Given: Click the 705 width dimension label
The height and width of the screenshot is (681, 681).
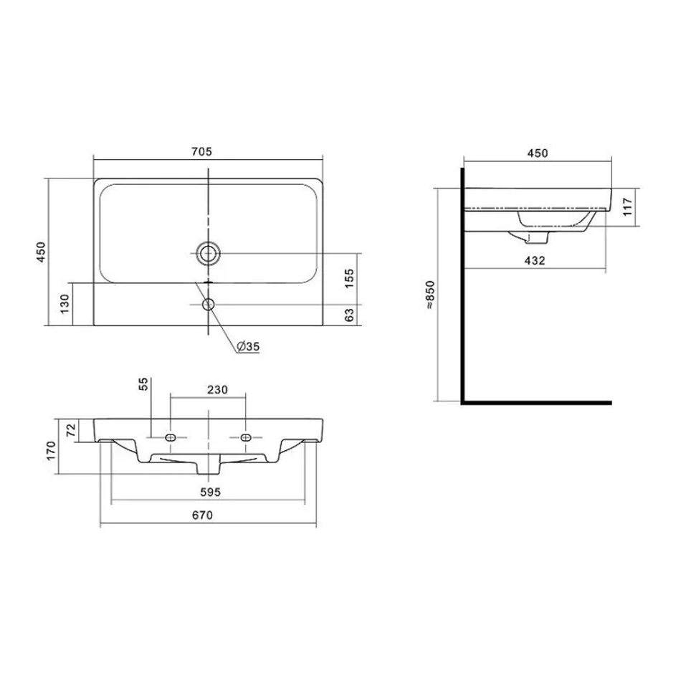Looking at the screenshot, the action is (x=201, y=151).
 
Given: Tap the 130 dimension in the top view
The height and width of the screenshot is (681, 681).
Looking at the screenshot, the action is (x=65, y=304).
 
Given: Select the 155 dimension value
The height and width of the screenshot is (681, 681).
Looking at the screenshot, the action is (x=349, y=278).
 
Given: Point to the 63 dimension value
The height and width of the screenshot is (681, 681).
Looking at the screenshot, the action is (x=349, y=315).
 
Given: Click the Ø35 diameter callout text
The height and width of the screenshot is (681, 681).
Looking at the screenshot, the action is (x=249, y=346).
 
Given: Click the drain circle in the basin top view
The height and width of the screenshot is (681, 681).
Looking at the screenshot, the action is (x=208, y=253).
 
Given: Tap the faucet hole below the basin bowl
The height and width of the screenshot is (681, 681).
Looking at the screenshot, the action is (x=208, y=304).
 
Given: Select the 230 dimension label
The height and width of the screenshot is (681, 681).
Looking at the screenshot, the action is (x=217, y=389).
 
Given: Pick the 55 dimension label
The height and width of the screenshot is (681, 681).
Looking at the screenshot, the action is (x=143, y=384).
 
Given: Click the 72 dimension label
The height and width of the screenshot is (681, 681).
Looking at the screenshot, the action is (x=71, y=430).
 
